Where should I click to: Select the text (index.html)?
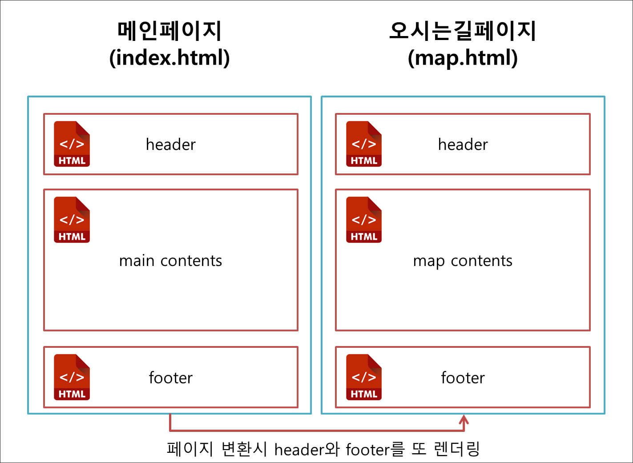coord(169,58)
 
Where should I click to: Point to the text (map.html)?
coord(463,58)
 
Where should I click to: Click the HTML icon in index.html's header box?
coord(72,144)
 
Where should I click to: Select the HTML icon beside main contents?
coord(72,220)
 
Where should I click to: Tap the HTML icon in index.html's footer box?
coord(72,377)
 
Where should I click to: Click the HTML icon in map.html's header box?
coord(364,144)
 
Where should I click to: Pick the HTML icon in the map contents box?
coord(364,220)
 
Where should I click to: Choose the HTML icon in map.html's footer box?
coord(364,377)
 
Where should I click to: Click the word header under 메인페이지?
coord(171,145)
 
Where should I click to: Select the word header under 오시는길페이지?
coord(463,145)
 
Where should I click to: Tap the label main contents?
coord(170,261)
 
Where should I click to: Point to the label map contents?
coord(463,261)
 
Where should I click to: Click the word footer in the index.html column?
coord(170,378)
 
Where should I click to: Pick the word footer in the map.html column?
coord(463,378)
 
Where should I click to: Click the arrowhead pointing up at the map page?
coord(464,419)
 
